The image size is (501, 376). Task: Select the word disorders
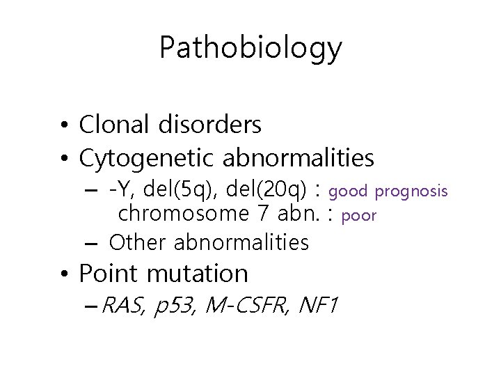point(209,125)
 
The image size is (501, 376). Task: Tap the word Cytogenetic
point(148,159)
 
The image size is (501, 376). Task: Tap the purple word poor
point(359,216)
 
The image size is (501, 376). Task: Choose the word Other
point(138,242)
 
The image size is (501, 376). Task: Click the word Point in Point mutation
point(105,274)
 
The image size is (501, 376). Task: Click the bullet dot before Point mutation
point(63,274)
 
